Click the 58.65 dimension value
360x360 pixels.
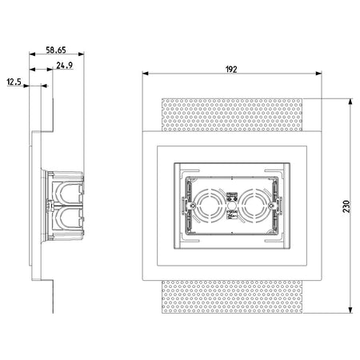point(56,50)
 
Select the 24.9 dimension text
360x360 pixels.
point(64,66)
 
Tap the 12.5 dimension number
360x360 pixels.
point(14,82)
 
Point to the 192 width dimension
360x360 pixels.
point(231,70)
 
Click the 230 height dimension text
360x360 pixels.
point(346,206)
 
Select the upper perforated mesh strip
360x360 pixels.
point(232,115)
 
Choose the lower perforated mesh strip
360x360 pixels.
point(232,297)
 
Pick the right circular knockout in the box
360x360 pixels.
point(254,206)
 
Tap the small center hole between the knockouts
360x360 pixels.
point(231,206)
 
